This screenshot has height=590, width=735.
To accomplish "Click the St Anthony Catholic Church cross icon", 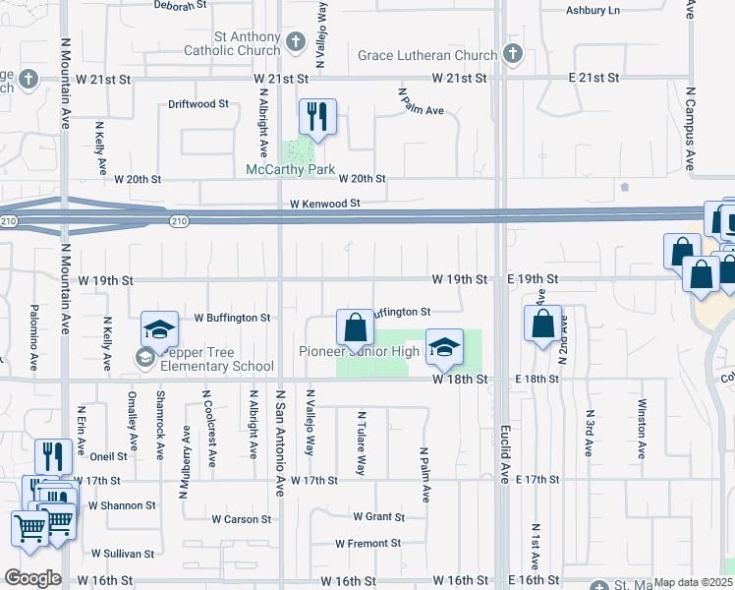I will tap(298, 43).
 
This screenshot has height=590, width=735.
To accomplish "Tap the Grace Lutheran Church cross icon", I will tap(511, 54).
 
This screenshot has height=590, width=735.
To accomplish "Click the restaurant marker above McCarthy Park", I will tap(317, 117).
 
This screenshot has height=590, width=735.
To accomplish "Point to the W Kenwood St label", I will tap(325, 203).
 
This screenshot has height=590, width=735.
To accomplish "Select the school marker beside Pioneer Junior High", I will tap(444, 345).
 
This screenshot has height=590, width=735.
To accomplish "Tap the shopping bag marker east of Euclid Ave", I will tap(543, 324).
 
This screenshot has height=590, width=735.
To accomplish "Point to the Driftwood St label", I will tap(198, 103).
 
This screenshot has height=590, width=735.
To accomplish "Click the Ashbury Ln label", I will tap(594, 11).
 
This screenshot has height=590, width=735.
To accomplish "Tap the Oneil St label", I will tap(108, 456).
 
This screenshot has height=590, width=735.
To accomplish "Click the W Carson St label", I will tap(241, 519).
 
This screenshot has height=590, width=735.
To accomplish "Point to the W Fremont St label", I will tap(367, 543).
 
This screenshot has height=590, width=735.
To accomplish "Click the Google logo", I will tap(32, 578).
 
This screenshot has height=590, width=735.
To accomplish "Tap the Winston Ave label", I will tap(641, 429).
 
